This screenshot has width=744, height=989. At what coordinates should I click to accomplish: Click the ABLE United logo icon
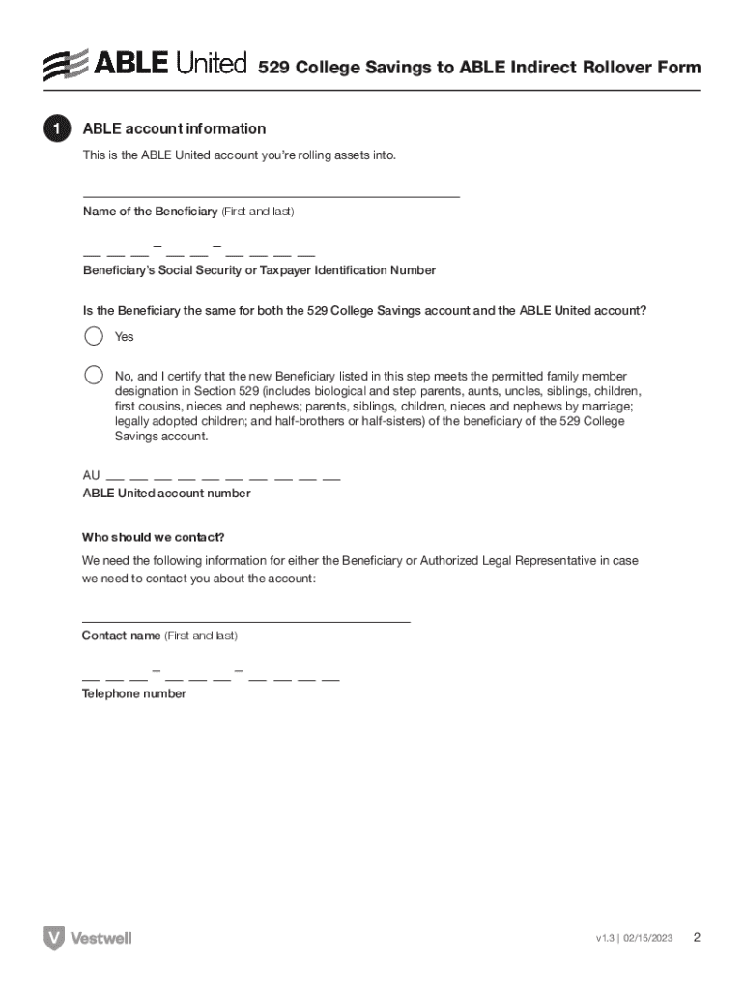tap(66, 66)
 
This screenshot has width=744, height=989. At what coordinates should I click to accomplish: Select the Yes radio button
tap(94, 336)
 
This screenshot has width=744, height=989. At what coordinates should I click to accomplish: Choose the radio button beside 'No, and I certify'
tap(94, 375)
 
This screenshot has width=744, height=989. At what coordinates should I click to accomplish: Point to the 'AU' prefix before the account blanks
tap(91, 476)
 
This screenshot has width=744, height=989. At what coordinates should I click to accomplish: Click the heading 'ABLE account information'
tap(174, 129)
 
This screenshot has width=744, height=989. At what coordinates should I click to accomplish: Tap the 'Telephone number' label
tap(133, 693)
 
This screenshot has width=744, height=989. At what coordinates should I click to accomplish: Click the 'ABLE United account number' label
tap(166, 494)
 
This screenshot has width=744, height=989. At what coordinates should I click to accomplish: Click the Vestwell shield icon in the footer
tap(54, 938)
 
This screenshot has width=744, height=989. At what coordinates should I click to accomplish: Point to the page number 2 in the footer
tap(697, 938)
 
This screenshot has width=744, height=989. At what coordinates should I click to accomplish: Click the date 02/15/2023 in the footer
tap(648, 939)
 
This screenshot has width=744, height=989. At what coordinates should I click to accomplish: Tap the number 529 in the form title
tap(273, 68)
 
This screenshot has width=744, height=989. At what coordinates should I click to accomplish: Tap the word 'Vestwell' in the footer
tap(100, 938)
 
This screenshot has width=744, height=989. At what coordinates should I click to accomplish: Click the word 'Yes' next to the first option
tap(125, 337)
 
